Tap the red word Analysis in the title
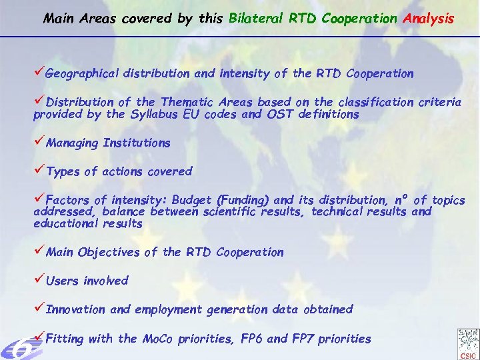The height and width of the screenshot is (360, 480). pos(428,19)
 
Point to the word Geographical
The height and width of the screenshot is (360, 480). pos(84,74)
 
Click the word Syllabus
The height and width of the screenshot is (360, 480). pos(154,114)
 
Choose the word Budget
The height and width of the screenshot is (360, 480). pos(193,200)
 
